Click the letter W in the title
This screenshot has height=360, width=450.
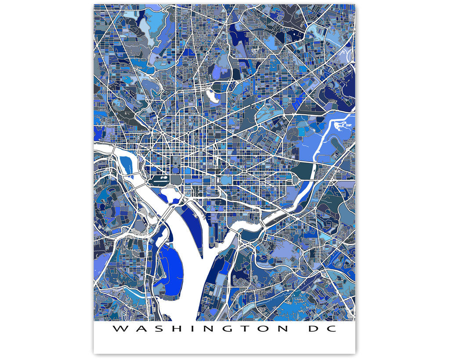pos(119,329)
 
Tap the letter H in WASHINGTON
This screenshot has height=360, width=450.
pos(168,329)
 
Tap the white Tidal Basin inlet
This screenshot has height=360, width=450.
pos(168,193)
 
